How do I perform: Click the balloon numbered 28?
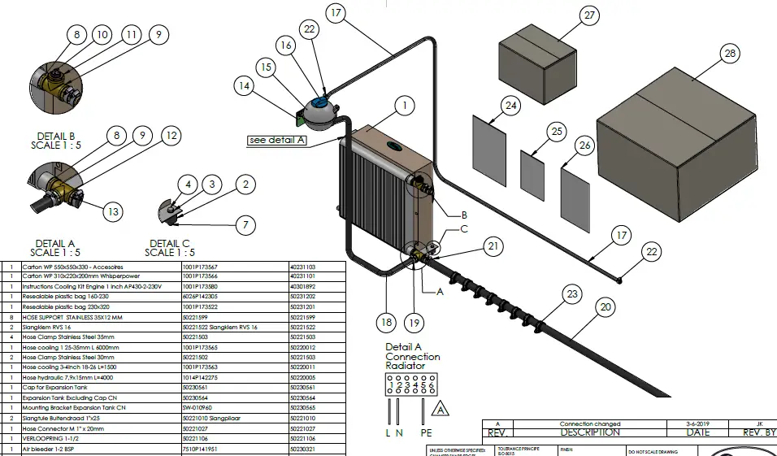[x=729, y=54]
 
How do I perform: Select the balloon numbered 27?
[x=589, y=15]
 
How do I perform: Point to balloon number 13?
[x=113, y=212]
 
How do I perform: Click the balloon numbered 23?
[x=573, y=293]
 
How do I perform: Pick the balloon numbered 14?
[x=244, y=84]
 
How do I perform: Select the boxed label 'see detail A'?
[x=278, y=140]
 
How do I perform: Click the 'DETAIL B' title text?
[x=55, y=136]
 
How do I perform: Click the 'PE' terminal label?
[x=426, y=433]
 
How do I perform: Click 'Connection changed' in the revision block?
[x=590, y=423]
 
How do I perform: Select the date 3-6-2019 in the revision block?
[x=681, y=423]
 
